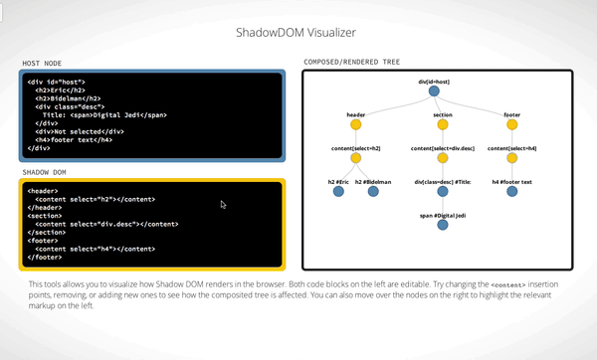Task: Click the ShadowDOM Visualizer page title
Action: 298,31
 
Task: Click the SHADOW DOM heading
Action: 46,172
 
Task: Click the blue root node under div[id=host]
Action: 435,92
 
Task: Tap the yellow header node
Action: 356,125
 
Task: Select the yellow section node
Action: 443,125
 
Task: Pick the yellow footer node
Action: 511,125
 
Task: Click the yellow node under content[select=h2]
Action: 356,158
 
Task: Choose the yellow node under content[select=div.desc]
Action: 443,158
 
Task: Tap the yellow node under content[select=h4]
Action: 511,158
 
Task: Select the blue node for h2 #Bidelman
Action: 374,192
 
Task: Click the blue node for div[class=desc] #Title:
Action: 443,192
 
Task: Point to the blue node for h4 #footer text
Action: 511,192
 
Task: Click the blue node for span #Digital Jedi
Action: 443,226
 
